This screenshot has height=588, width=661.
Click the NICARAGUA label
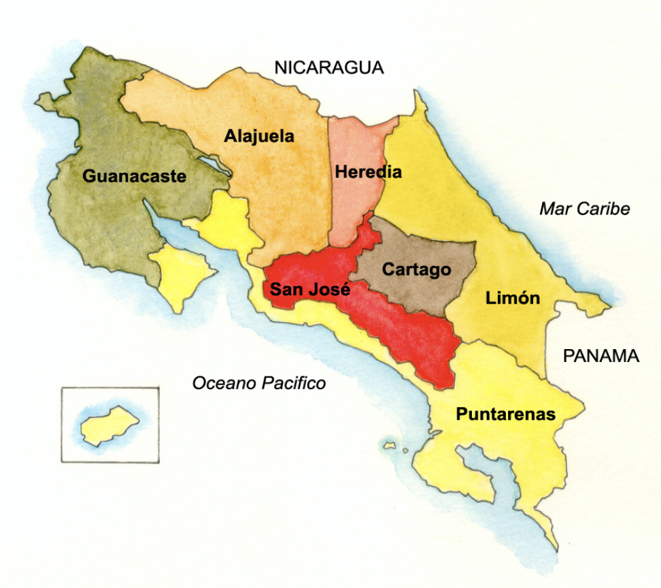[x=329, y=67]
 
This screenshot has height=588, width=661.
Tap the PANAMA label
[x=601, y=356]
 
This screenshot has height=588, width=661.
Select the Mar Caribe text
[x=584, y=209]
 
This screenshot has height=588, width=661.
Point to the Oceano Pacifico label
[x=259, y=383]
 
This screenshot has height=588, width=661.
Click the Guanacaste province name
[x=135, y=176]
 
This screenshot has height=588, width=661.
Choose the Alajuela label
[x=259, y=136]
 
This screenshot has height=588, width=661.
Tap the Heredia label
[x=368, y=172]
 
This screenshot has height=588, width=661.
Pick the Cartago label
[x=416, y=269]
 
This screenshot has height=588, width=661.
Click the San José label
[x=310, y=289]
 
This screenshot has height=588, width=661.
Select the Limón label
[x=513, y=297]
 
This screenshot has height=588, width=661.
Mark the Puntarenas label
[x=506, y=414]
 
